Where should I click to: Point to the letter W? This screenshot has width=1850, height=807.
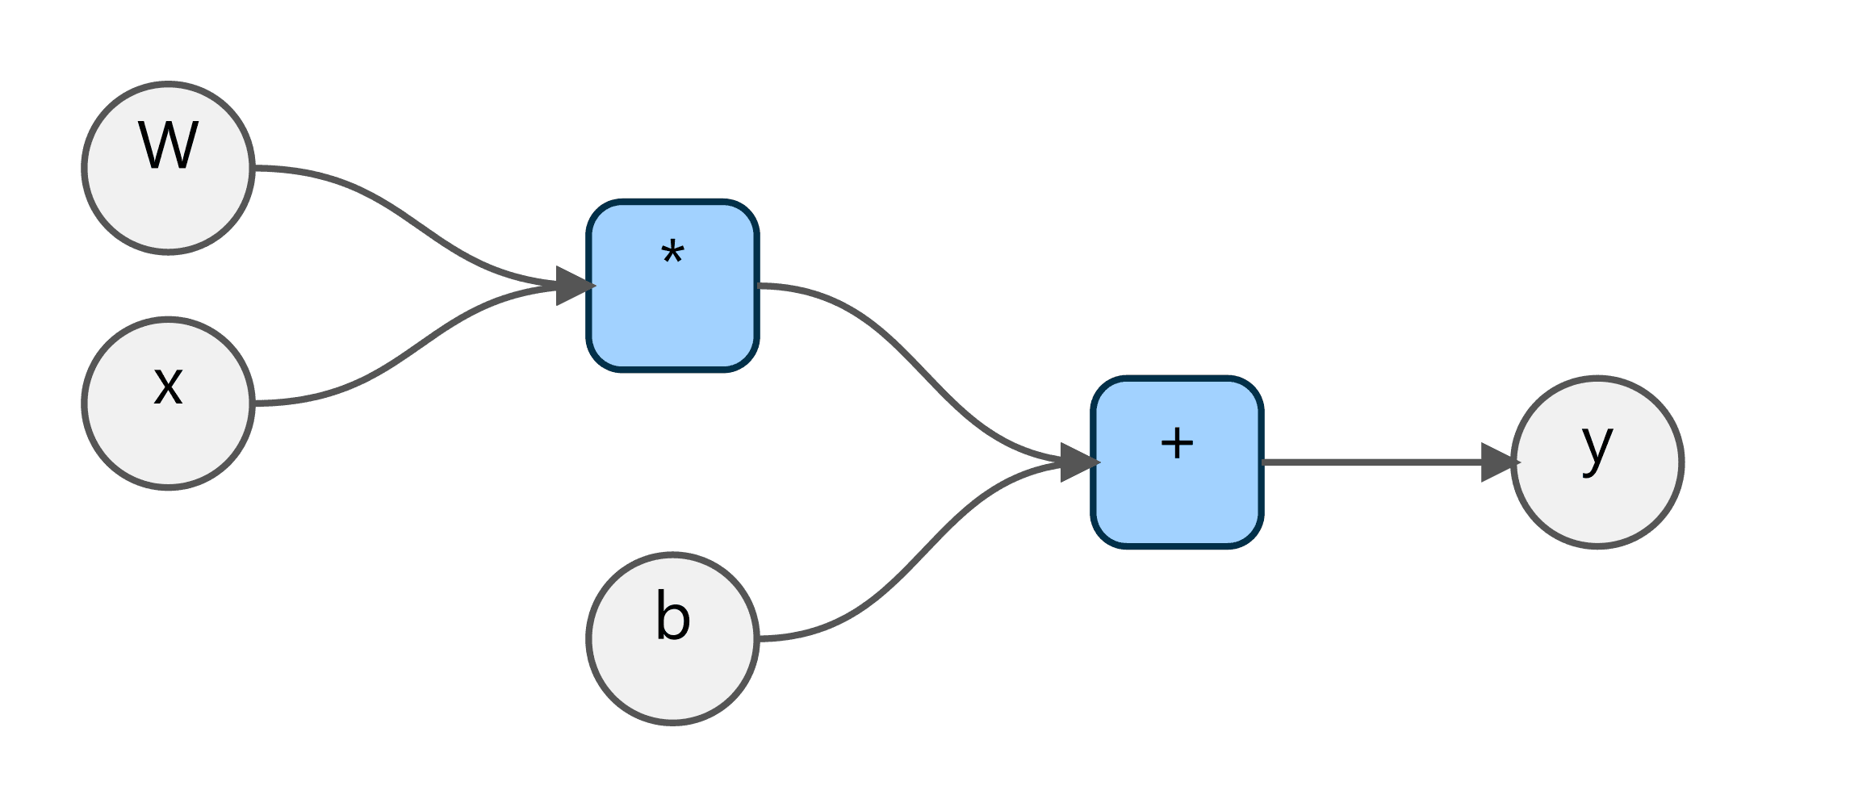coord(168,146)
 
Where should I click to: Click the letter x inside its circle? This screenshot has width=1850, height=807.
coord(168,385)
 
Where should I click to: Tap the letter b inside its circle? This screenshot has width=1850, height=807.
coord(672,616)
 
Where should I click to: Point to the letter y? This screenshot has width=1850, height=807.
coord(1597,446)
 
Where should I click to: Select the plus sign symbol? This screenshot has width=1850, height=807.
coord(1177,443)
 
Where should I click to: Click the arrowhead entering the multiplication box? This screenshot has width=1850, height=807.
coord(575,286)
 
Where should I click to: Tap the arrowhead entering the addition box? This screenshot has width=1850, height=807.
coord(1079,462)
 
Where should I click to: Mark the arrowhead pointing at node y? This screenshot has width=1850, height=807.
coord(1499,462)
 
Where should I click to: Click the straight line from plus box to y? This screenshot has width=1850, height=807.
coord(1372,462)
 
